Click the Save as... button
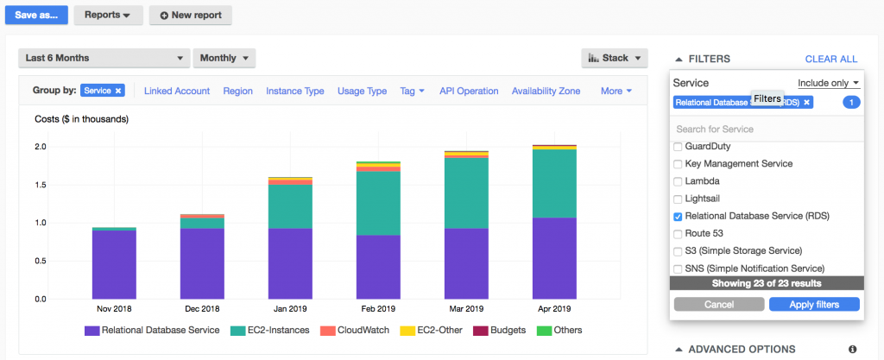36,15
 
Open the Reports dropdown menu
108,15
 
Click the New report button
190,15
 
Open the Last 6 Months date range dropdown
103,58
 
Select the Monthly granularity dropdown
224,58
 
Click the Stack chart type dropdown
614,58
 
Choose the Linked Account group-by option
176,91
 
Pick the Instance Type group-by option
294,91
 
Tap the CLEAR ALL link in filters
830,59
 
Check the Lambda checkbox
678,181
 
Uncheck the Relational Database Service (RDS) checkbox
678,216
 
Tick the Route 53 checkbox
678,234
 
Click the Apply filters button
814,304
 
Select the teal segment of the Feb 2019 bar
377,203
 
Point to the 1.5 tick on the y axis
41,184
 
